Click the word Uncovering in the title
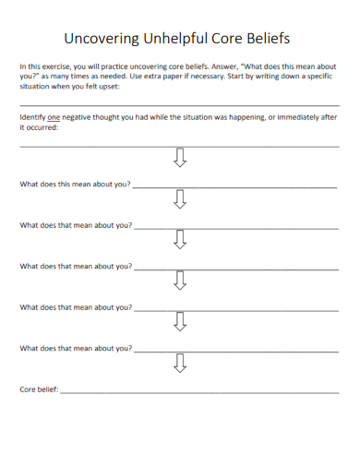pos(102,39)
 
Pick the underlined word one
pos(54,119)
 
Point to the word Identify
pos(32,119)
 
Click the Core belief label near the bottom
pos(39,390)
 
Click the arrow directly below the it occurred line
pos(180,159)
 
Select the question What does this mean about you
pos(76,184)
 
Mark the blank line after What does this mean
pos(235,186)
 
